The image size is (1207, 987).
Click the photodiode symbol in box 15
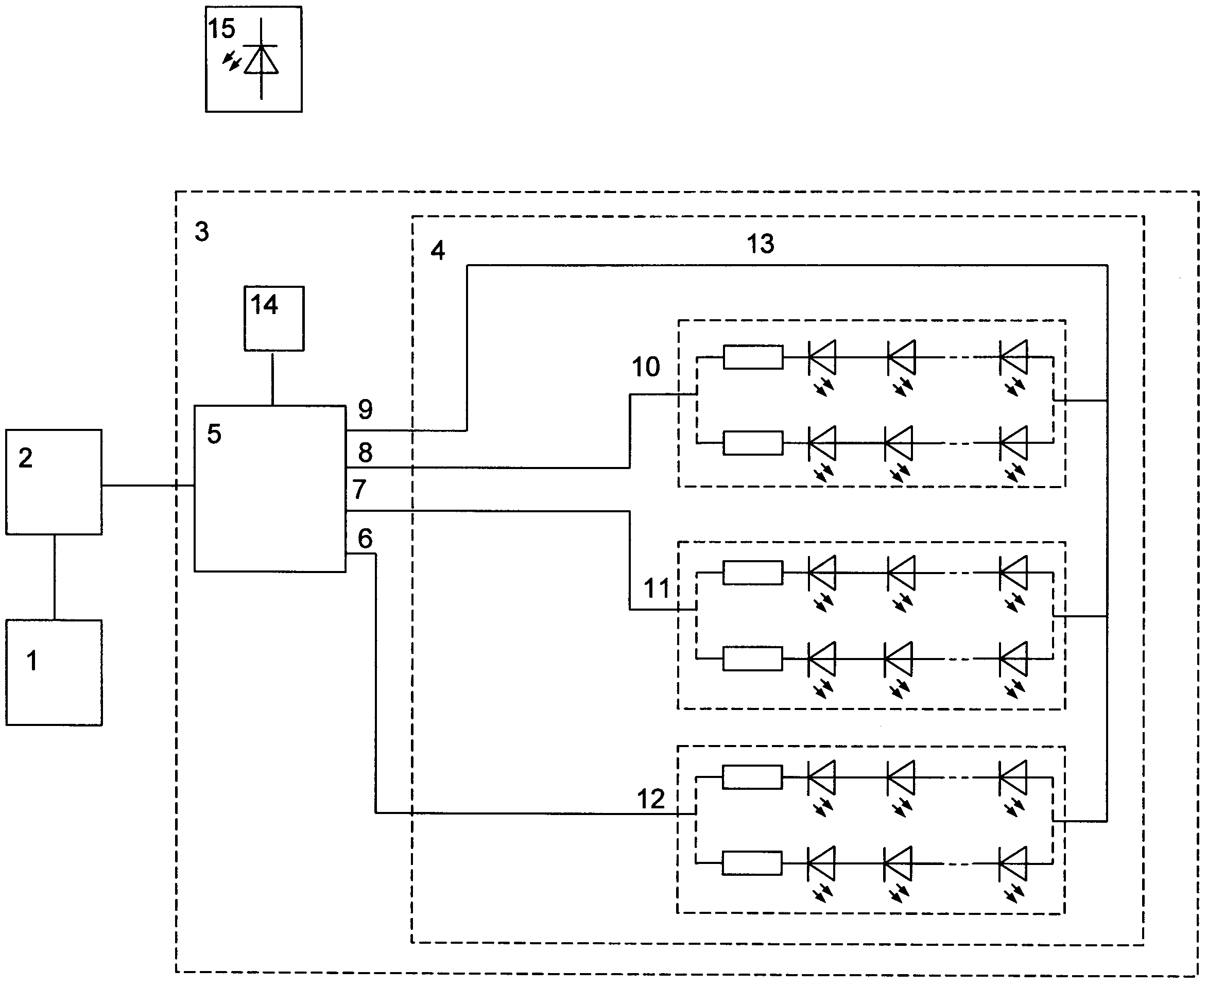(261, 59)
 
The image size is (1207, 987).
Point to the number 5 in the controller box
(214, 434)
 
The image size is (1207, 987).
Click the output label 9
(366, 409)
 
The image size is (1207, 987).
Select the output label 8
(366, 453)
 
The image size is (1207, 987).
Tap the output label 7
(359, 490)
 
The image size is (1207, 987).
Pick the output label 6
(365, 539)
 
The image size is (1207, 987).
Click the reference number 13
(760, 244)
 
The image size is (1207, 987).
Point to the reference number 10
(646, 367)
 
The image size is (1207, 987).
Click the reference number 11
(657, 588)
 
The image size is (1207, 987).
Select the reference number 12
(651, 800)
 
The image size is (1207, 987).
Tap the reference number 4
(437, 250)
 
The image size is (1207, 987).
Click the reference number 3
(202, 231)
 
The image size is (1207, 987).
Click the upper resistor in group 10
(753, 357)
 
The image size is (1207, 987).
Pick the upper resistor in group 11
(753, 573)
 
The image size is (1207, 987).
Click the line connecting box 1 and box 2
(55, 577)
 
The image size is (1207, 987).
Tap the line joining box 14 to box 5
(273, 378)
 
